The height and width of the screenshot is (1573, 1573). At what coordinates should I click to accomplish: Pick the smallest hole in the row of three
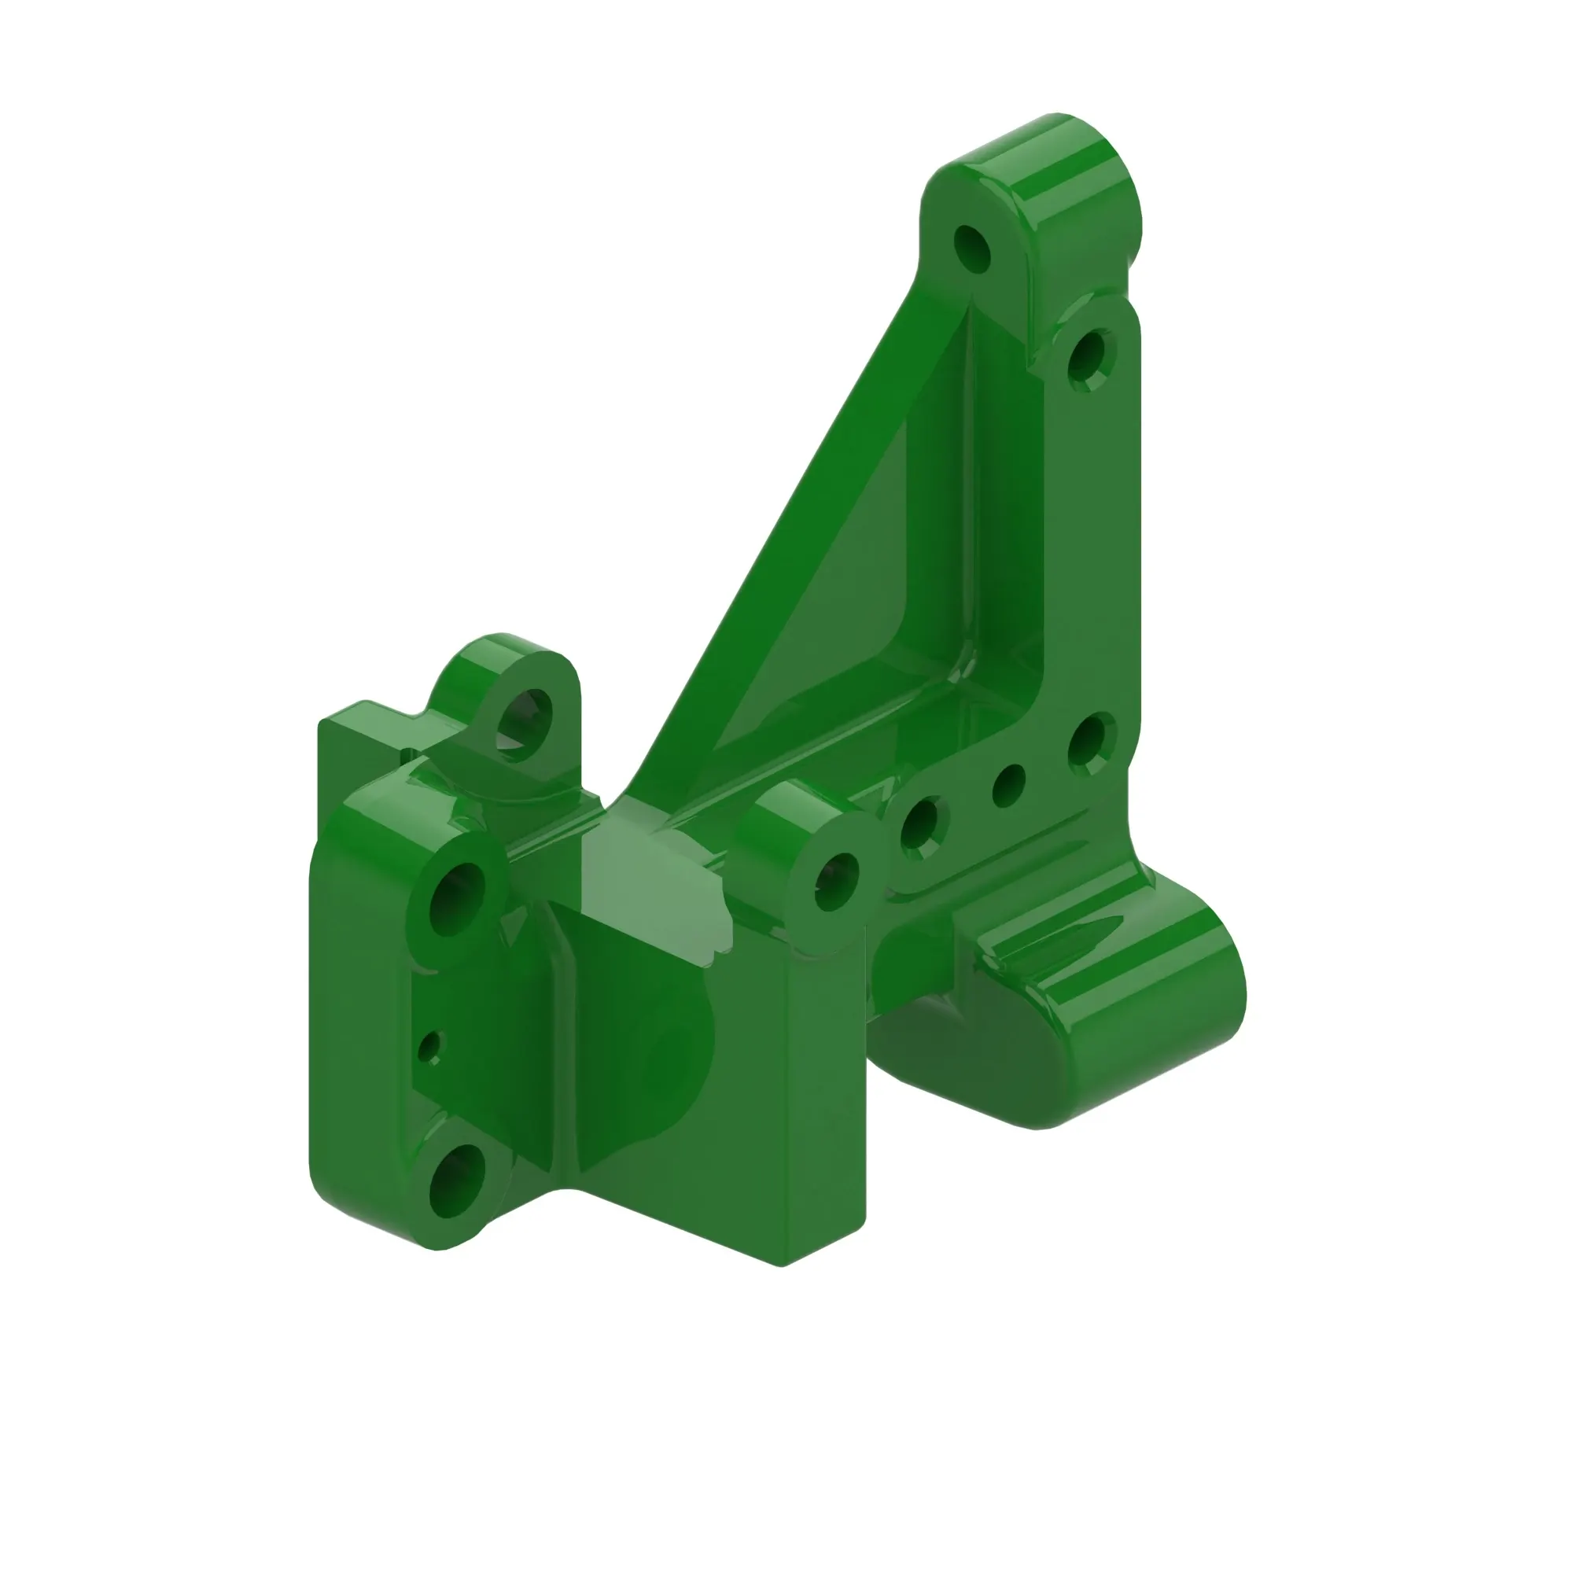click(1008, 786)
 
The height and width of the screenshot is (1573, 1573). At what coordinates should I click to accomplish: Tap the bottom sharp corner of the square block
click(780, 1265)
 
